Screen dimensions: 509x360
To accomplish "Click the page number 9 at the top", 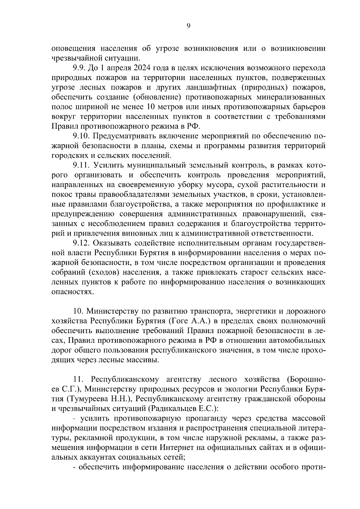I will coord(188,26).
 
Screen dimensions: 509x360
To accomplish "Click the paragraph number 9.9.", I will coord(79,68).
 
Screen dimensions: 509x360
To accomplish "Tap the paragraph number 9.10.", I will coord(81,136).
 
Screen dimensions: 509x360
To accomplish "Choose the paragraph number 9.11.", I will coord(81,165).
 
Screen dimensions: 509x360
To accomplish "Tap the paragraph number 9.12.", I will coord(81,243).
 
